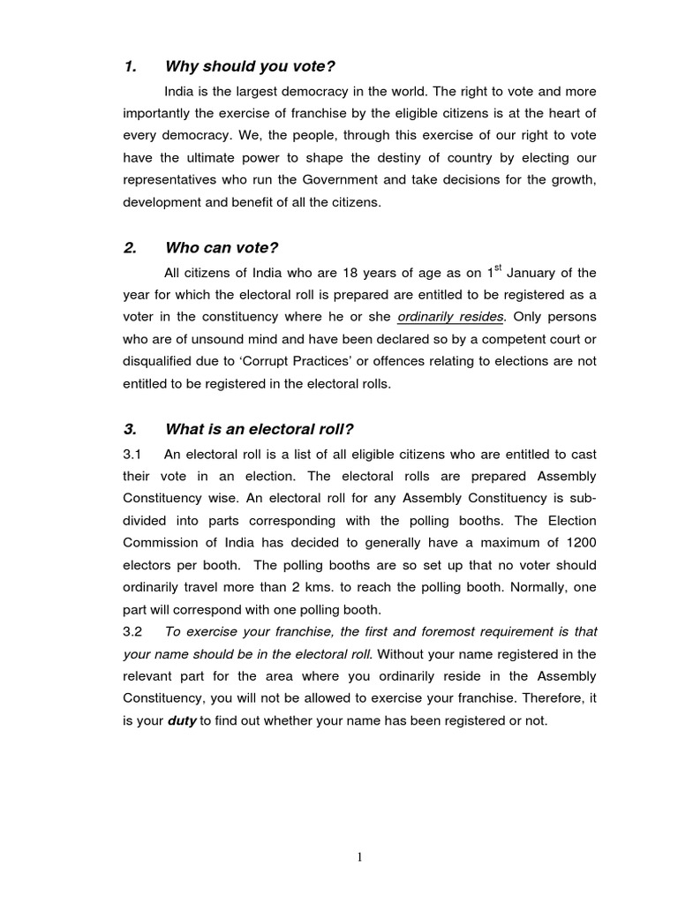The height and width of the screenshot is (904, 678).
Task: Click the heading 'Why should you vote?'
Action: pos(250,67)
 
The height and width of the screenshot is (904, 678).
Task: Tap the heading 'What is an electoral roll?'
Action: pos(259,429)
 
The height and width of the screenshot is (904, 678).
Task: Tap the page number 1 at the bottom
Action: pos(360,855)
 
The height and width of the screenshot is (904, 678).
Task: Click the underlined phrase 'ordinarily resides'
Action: pos(450,316)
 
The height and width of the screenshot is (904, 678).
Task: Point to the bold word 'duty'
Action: pos(183,720)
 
